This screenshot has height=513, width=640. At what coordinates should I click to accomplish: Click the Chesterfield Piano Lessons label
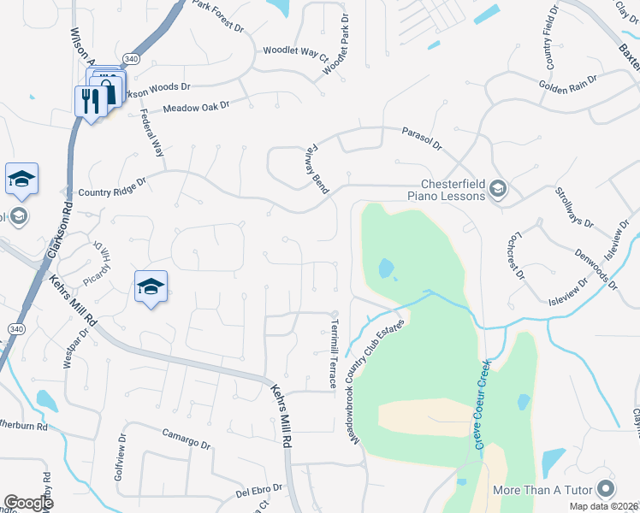click(452, 189)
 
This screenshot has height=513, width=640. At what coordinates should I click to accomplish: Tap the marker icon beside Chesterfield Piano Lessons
click(499, 189)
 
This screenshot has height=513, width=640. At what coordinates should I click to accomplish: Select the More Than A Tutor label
click(542, 490)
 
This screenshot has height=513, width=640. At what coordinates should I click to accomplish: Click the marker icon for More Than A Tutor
click(606, 489)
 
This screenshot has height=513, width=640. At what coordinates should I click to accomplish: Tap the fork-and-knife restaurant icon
click(89, 101)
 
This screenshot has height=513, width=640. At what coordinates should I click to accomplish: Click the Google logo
click(28, 503)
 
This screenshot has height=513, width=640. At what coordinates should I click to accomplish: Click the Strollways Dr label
click(574, 207)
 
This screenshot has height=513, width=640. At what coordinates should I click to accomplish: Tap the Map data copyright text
click(604, 506)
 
